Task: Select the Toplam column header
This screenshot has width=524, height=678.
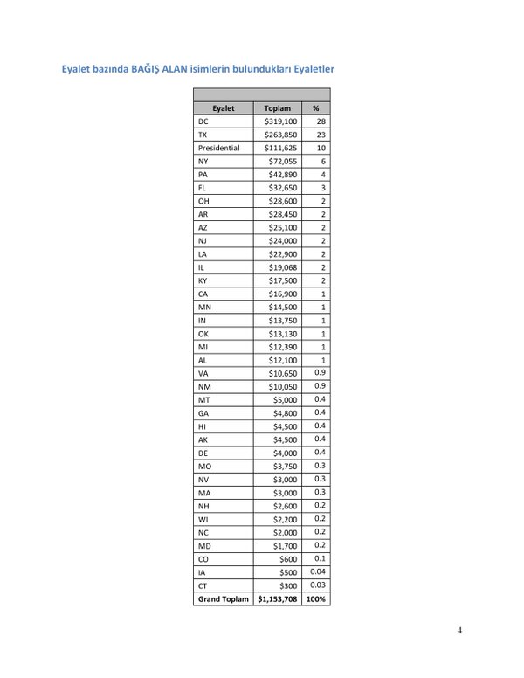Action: click(x=277, y=108)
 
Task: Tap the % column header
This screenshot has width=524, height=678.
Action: click(x=315, y=108)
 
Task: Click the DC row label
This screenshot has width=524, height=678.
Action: click(x=203, y=121)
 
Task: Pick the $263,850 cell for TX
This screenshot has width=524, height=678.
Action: click(x=280, y=135)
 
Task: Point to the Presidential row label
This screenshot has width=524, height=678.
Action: click(x=218, y=148)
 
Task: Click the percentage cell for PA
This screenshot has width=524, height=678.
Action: click(x=322, y=175)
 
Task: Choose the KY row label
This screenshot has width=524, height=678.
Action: click(x=203, y=280)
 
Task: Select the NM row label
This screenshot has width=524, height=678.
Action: click(x=204, y=386)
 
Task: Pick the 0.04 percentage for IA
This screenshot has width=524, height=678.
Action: click(x=318, y=571)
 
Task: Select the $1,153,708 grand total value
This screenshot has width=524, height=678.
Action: click(x=277, y=598)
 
